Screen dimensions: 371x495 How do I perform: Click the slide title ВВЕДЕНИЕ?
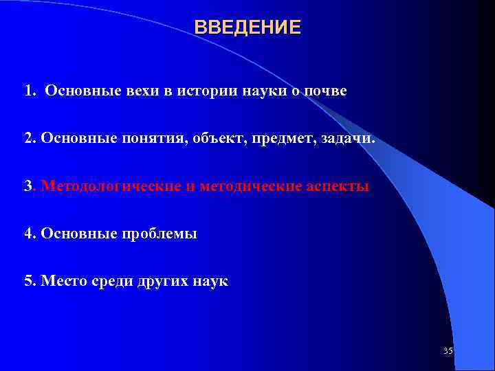[247, 27]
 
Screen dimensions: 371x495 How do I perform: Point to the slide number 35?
[448, 351]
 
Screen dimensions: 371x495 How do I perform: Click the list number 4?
[28, 234]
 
